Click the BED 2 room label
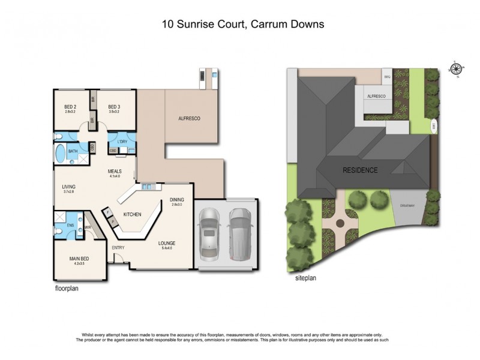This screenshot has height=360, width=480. click(x=70, y=107)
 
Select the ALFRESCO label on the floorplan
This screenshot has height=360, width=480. click(x=189, y=119)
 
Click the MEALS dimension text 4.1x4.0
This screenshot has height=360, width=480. click(x=115, y=176)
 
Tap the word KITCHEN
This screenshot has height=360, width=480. click(x=132, y=214)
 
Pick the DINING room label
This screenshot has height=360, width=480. click(x=176, y=199)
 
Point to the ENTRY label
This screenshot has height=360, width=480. click(x=118, y=247)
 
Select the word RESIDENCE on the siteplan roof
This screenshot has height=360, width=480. click(x=360, y=170)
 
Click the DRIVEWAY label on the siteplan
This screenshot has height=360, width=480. click(x=407, y=206)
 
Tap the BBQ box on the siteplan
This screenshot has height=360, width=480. click(x=387, y=77)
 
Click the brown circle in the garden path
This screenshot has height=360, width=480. click(x=340, y=223)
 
